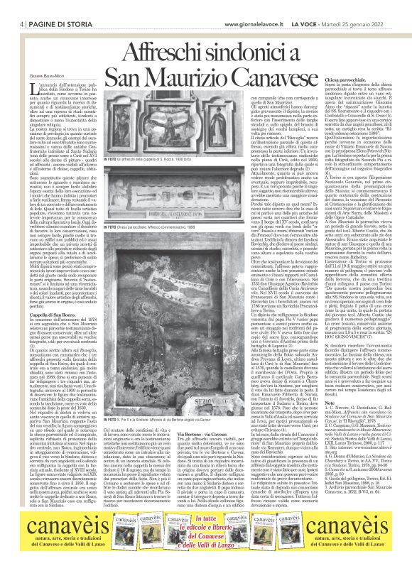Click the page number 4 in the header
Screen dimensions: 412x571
click(x=22, y=5)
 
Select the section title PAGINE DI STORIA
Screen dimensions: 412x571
click(x=54, y=5)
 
